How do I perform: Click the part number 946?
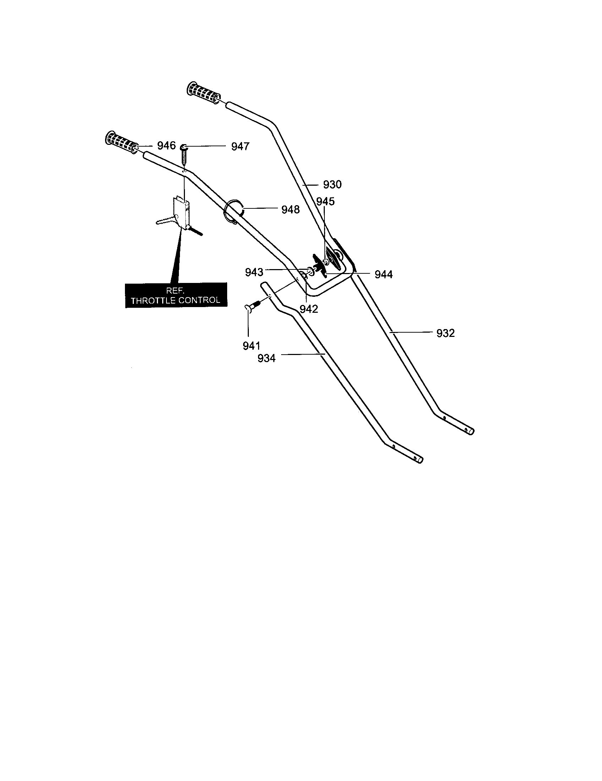[x=166, y=146]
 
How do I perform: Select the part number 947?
[x=240, y=147]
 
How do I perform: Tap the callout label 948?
[x=290, y=209]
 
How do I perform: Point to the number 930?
[x=333, y=185]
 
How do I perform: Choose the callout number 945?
[x=325, y=202]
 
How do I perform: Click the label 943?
[x=254, y=273]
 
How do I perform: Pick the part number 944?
[x=384, y=275]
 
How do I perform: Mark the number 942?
[x=309, y=309]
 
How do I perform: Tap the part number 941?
[x=251, y=346]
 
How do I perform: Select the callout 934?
[x=267, y=358]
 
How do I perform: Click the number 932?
[x=445, y=333]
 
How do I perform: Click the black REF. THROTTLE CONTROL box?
[x=176, y=295]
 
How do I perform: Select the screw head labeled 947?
[x=185, y=147]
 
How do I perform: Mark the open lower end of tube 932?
[x=471, y=432]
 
